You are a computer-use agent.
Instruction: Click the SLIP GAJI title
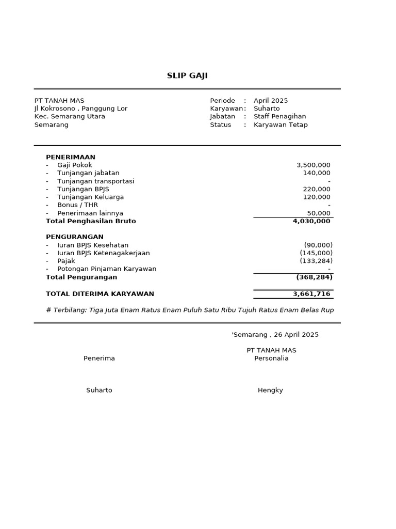point(187,76)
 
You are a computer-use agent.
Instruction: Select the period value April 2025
point(271,101)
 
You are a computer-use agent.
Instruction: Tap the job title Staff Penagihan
point(279,117)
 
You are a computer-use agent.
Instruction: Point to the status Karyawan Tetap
point(280,125)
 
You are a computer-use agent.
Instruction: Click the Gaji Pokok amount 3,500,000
point(313,165)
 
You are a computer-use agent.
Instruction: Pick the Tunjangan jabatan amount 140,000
point(317,173)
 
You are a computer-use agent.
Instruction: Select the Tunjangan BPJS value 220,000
point(317,189)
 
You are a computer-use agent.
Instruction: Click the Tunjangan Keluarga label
point(90,197)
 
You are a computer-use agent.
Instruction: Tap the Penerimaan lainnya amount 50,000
point(319,213)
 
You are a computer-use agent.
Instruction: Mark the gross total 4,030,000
point(311,221)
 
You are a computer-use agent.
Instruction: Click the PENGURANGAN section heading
point(75,237)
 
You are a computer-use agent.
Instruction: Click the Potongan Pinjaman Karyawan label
point(107,269)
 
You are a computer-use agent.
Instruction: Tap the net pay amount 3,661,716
point(311,294)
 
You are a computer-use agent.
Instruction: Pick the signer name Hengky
point(270,391)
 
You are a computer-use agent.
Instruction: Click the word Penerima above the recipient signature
point(99,359)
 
